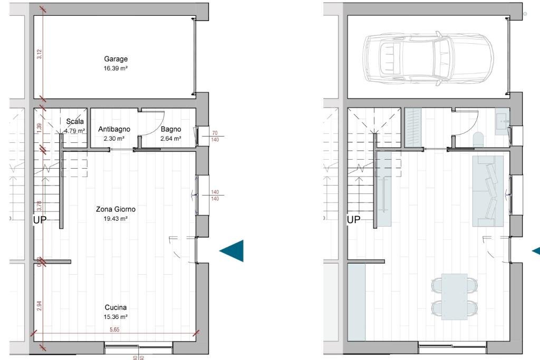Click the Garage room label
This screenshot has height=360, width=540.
(115, 60)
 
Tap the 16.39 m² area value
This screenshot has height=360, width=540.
(115, 68)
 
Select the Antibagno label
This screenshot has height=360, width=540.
(114, 129)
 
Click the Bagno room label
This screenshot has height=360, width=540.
(171, 129)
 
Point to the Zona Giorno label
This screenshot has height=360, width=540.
(115, 209)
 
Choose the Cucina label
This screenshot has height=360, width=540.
(115, 307)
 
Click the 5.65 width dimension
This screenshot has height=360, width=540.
(115, 329)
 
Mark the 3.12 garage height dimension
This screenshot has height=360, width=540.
(40, 54)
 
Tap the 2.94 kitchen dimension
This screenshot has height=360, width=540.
(40, 306)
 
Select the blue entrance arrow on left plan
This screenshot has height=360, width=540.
(232, 250)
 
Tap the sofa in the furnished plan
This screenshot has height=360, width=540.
(488, 191)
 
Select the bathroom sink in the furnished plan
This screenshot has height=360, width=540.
(502, 121)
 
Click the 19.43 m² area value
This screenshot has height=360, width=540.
(115, 218)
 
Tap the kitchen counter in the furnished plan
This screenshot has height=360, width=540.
(356, 302)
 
